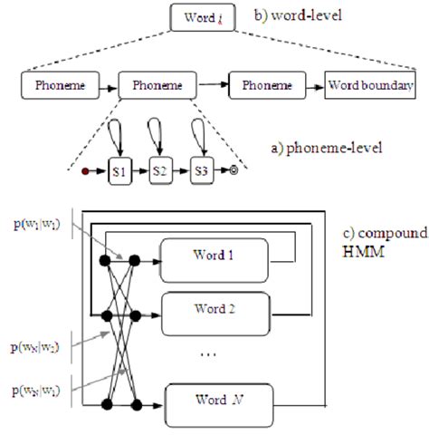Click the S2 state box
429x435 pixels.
click(159, 169)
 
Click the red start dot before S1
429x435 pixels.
click(85, 169)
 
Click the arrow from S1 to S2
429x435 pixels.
click(139, 169)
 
